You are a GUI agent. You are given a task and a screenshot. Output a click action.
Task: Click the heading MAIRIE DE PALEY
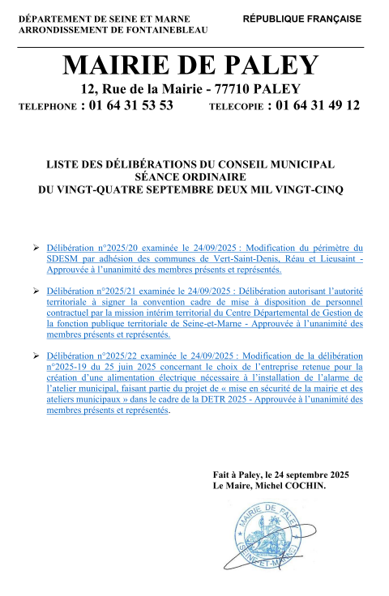pos(192,65)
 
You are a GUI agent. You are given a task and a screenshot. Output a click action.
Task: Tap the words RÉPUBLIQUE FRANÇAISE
pos(301,17)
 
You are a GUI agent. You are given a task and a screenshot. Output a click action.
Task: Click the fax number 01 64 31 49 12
pos(319,105)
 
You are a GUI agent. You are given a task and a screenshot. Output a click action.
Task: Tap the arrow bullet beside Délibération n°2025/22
pos(35,355)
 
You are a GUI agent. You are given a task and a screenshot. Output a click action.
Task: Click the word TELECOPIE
pos(236,107)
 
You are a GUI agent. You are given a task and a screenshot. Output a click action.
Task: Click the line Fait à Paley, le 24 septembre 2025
pos(280,475)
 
